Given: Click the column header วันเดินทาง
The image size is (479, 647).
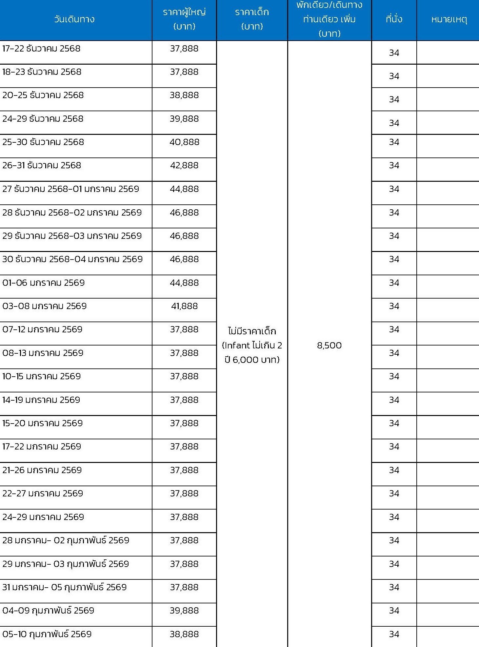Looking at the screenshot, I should tap(74, 19).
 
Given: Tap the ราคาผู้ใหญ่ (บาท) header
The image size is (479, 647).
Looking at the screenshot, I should tap(184, 19).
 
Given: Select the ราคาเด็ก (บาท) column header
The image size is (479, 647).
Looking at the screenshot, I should tap(252, 19).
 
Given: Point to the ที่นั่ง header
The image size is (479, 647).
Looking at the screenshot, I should tap(394, 19).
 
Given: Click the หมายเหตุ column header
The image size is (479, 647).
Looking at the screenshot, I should tap(449, 19).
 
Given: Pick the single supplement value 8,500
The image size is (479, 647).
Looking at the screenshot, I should tap(329, 345).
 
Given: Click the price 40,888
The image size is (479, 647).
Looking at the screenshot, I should tap(184, 142).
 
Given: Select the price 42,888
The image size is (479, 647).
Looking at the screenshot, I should tap(184, 165).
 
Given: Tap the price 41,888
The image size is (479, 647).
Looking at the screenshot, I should tap(184, 306).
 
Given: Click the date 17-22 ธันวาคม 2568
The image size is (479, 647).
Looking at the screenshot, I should tap(41, 49).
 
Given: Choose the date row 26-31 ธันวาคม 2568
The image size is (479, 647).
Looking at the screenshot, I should tap(42, 165).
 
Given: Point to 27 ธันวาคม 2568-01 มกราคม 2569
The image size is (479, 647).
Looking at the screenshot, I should tap(70, 189).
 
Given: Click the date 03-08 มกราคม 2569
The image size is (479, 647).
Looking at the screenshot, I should tap(44, 306).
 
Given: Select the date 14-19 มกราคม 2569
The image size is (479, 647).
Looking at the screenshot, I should tap(41, 400).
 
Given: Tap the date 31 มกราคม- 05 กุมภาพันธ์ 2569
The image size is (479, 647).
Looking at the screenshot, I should tap(64, 587).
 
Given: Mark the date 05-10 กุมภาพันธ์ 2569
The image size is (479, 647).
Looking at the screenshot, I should tap(47, 634).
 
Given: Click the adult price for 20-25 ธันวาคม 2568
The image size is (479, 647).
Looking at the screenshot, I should tap(184, 95).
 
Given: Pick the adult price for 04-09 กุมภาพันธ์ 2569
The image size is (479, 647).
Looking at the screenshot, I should tap(184, 611).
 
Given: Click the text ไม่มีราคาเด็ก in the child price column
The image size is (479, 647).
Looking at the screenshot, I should tap(252, 331).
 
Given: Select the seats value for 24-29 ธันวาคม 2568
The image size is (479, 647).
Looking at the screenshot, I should tap(394, 123).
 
